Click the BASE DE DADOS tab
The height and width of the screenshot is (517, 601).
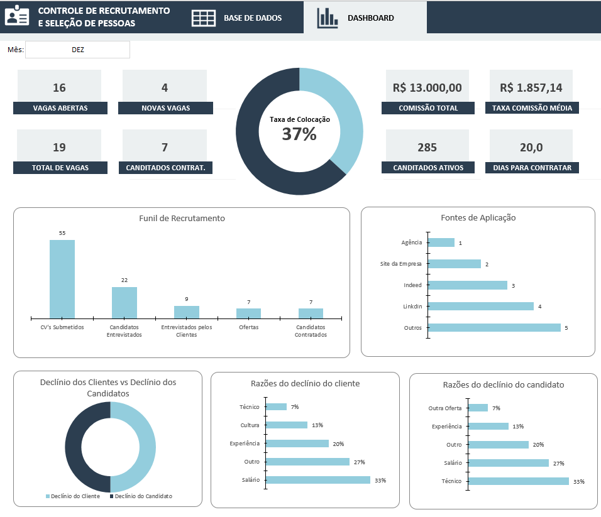pyautogui.click(x=252, y=18)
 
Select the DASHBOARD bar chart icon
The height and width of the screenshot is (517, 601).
pyautogui.click(x=327, y=18)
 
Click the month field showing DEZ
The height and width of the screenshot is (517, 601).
pyautogui.click(x=77, y=50)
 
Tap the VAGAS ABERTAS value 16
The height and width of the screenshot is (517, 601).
pyautogui.click(x=59, y=87)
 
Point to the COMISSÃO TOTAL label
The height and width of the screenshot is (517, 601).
pyautogui.click(x=428, y=108)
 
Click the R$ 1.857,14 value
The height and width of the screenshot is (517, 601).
pyautogui.click(x=531, y=87)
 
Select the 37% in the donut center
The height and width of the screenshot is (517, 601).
pyautogui.click(x=299, y=134)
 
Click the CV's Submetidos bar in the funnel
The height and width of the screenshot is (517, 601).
pyautogui.click(x=62, y=279)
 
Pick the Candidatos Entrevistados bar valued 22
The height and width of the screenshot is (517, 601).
pyautogui.click(x=124, y=303)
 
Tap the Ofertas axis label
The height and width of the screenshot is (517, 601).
pyautogui.click(x=248, y=327)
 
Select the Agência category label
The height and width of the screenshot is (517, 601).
pyautogui.click(x=411, y=242)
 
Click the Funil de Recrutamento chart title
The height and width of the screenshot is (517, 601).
pyautogui.click(x=182, y=219)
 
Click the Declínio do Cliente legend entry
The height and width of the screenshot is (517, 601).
pyautogui.click(x=73, y=496)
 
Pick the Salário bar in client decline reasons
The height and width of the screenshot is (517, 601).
pyautogui.click(x=318, y=480)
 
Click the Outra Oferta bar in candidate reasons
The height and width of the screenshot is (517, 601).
pyautogui.click(x=478, y=408)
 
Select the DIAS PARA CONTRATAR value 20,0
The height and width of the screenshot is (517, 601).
pyautogui.click(x=531, y=148)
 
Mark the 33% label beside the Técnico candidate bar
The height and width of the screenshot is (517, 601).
pyautogui.click(x=578, y=482)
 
